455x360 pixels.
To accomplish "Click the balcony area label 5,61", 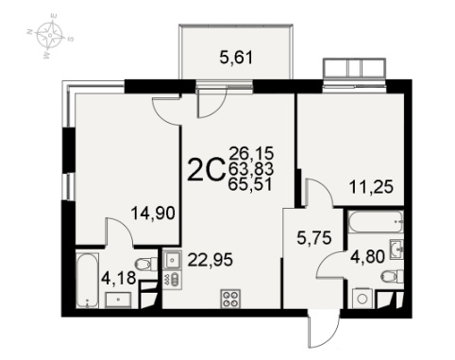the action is click(x=236, y=58).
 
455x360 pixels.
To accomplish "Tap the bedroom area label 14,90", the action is click(x=153, y=213).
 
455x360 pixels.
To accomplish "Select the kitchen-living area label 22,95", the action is click(x=211, y=260).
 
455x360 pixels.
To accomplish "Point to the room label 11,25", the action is click(x=371, y=187).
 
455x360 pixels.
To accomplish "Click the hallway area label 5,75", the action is click(x=314, y=238).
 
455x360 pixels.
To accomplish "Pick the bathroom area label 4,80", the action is click(x=367, y=257).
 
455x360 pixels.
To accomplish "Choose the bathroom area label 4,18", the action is click(x=119, y=279).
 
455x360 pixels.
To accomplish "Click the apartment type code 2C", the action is click(x=206, y=170).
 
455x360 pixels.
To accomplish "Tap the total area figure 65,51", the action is click(x=250, y=184).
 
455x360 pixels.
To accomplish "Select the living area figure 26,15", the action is click(x=252, y=153).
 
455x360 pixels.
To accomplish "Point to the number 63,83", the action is click(x=251, y=169).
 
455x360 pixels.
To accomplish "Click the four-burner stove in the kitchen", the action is click(x=230, y=299).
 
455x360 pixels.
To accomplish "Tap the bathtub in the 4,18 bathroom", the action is click(x=87, y=280).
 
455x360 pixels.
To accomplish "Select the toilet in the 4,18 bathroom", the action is click(x=146, y=264).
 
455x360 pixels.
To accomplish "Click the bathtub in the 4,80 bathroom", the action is click(x=376, y=222).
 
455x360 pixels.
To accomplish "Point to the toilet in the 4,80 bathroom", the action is click(x=392, y=277).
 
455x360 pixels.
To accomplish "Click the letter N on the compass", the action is click(x=30, y=31).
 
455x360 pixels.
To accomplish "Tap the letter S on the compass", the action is click(x=71, y=39).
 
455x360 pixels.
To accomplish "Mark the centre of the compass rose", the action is click(x=50, y=35).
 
